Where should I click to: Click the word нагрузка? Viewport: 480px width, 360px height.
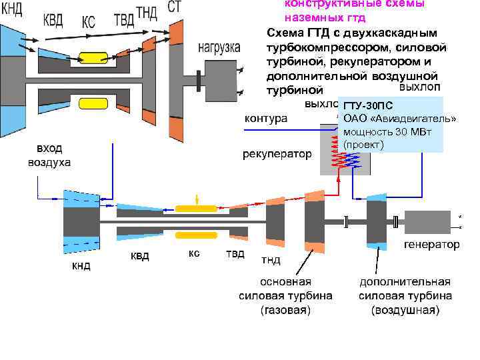point(219,47)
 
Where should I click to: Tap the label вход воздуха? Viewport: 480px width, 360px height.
point(48,155)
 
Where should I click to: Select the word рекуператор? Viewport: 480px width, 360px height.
point(277,155)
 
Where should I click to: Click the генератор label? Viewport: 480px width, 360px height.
point(432,245)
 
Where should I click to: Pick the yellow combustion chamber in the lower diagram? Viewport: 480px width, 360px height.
point(196,208)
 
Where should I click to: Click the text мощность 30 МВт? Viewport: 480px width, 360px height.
point(387,131)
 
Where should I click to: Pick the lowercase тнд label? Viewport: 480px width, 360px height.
point(271,259)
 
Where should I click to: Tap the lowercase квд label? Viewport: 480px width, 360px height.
point(139,256)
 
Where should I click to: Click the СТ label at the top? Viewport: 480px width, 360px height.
point(174,7)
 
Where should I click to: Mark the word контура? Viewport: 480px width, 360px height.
point(266,119)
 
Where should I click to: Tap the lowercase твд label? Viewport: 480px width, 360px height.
point(235,254)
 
